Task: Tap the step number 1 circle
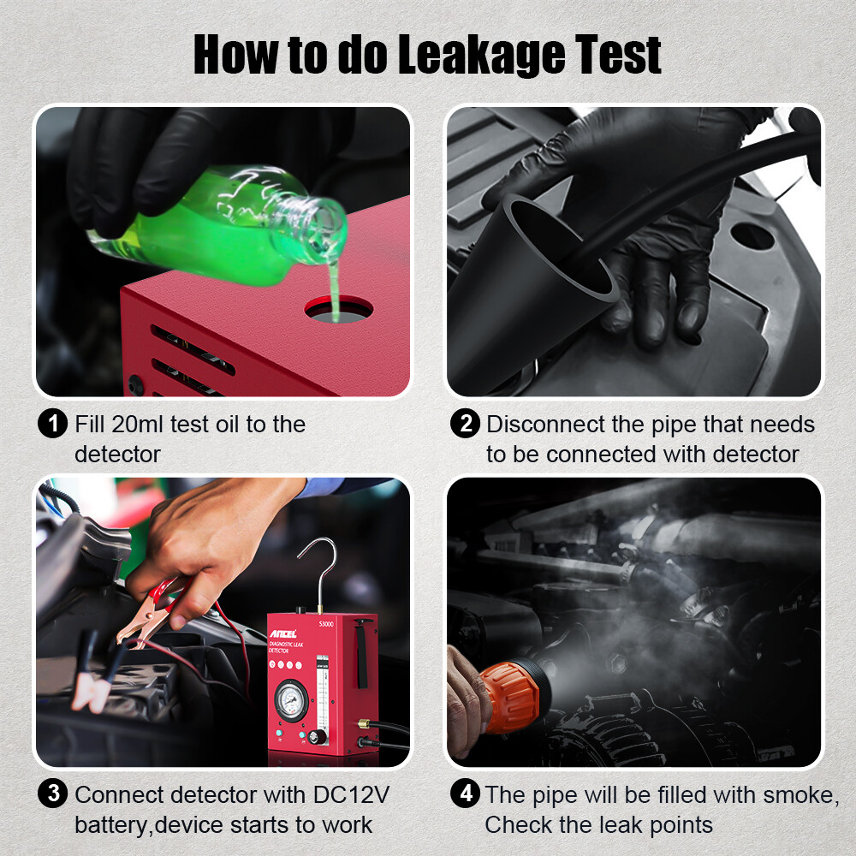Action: click(x=53, y=424)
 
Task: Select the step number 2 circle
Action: click(x=465, y=424)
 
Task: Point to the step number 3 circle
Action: click(x=53, y=794)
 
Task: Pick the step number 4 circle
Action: click(x=465, y=794)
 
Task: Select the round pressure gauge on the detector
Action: click(x=291, y=701)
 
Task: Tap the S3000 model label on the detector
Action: click(x=324, y=624)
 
